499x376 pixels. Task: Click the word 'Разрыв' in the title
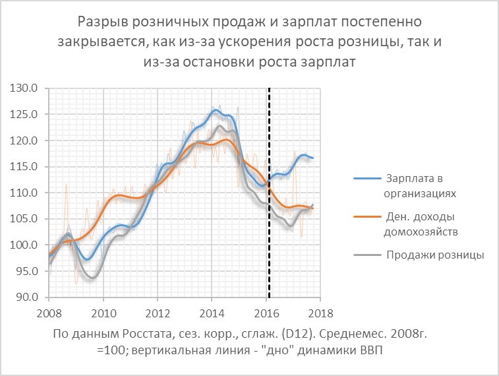(100, 22)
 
